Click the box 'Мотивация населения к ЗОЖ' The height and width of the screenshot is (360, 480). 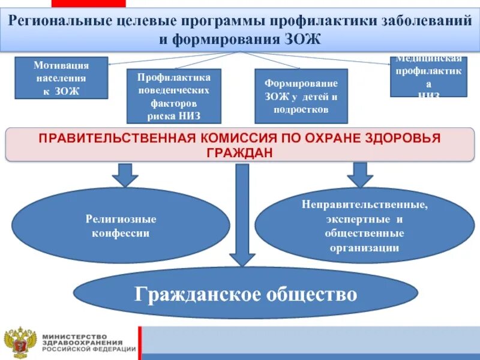(61, 78)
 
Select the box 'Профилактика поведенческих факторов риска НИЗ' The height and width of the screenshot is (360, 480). (173, 96)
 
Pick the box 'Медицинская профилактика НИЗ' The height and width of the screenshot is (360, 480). (428, 76)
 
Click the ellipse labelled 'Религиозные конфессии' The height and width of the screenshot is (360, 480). (121, 226)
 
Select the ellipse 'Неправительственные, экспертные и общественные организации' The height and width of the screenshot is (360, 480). (364, 226)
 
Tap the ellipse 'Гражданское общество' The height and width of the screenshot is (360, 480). (245, 294)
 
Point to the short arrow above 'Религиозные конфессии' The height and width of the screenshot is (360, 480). (125, 175)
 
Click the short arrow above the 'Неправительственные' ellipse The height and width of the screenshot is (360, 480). (359, 175)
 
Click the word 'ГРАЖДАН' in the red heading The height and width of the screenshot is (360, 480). (240, 152)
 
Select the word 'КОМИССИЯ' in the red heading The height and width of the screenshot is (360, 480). (232, 139)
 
